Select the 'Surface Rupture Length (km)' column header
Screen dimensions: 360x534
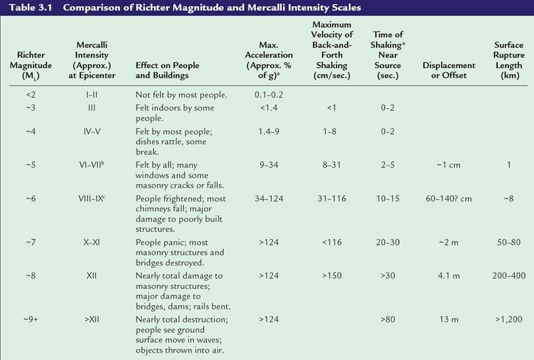click(508, 61)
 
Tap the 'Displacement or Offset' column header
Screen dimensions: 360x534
click(449, 70)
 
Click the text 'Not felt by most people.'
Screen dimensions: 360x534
click(181, 95)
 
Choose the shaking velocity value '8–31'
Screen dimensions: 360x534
click(332, 165)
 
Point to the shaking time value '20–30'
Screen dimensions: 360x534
click(388, 243)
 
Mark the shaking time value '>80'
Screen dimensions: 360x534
click(388, 320)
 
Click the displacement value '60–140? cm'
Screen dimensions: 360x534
click(449, 198)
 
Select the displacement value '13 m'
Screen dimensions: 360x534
click(449, 320)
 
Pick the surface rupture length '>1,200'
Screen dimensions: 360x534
click(508, 320)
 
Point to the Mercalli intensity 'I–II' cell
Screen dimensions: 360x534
click(92, 95)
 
